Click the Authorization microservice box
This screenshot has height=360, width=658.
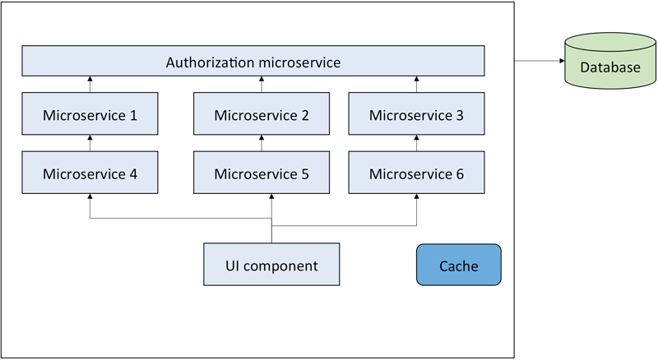(x=253, y=61)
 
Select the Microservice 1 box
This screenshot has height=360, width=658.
(x=90, y=113)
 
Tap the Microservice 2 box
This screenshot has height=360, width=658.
(x=262, y=113)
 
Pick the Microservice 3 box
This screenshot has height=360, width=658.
(x=416, y=113)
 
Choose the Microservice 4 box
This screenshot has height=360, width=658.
(x=90, y=173)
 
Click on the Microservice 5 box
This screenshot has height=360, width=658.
(x=262, y=173)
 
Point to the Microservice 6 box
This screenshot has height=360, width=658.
(x=416, y=173)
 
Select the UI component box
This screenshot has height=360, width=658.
(x=271, y=265)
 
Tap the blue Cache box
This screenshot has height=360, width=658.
(x=459, y=265)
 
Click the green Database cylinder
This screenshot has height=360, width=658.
(x=610, y=61)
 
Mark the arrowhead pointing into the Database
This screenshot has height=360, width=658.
(x=562, y=61)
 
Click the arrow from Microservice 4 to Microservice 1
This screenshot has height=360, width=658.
(x=90, y=143)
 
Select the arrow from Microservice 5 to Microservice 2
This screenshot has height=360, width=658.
(x=262, y=143)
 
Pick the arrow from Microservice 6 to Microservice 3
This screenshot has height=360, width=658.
(x=416, y=143)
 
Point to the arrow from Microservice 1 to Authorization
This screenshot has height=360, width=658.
(x=90, y=85)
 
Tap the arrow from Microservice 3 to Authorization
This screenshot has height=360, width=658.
(x=416, y=85)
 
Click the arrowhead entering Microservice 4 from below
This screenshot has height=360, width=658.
(x=90, y=196)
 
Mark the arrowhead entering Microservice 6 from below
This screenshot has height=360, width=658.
(x=416, y=196)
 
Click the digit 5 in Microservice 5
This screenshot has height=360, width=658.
(x=304, y=174)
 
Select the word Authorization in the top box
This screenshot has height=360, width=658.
(x=209, y=62)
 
